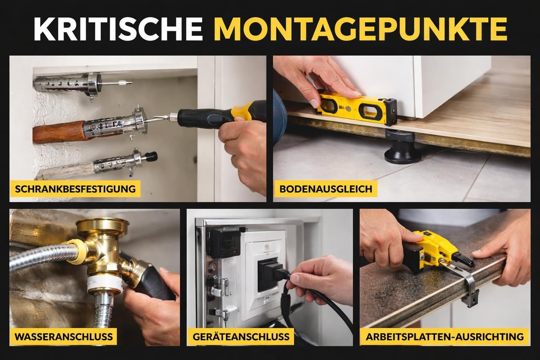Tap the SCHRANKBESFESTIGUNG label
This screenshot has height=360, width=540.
click(75, 189)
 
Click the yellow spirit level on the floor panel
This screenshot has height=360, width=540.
click(355, 105)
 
